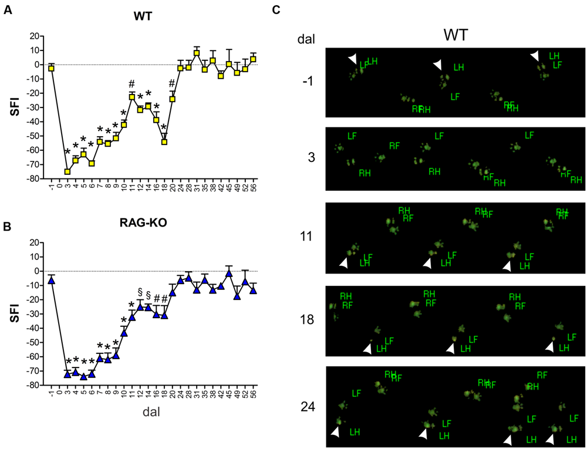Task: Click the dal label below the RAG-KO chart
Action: click(x=151, y=412)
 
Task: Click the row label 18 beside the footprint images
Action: click(x=307, y=319)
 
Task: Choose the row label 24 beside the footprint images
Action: click(x=307, y=406)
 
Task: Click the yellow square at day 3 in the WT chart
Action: click(x=68, y=171)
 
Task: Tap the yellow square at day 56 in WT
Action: click(x=253, y=59)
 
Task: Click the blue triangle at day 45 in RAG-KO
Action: click(x=229, y=274)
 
